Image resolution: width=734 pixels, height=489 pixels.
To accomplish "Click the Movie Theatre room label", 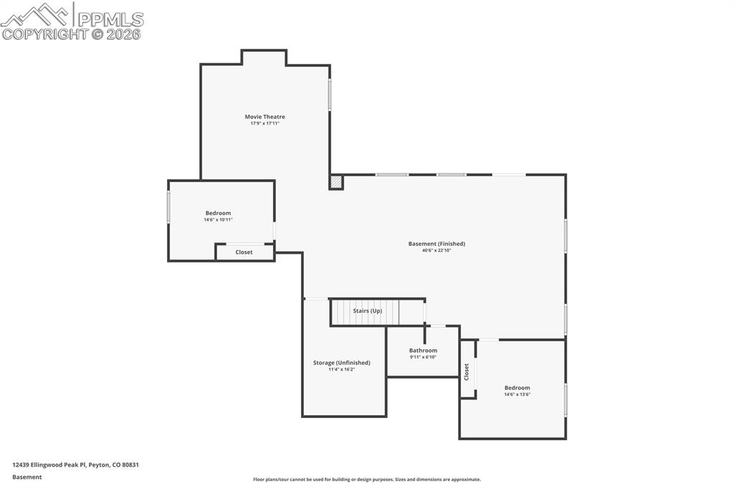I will pyautogui.click(x=264, y=117).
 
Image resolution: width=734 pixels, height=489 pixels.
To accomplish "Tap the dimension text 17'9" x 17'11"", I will pyautogui.click(x=264, y=124).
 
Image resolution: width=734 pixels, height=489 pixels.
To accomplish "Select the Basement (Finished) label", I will pyautogui.click(x=437, y=244).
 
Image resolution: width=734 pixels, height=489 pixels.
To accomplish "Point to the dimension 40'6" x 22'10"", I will pyautogui.click(x=437, y=251).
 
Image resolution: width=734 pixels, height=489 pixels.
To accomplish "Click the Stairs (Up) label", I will pyautogui.click(x=367, y=311).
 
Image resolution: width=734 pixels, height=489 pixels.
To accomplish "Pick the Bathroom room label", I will pyautogui.click(x=423, y=351).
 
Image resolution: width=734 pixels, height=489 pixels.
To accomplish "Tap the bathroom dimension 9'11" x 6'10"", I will pyautogui.click(x=423, y=357).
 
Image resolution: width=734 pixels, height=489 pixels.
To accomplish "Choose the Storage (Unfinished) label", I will pyautogui.click(x=342, y=363).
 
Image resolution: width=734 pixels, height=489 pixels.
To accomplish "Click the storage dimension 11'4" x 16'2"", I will pyautogui.click(x=342, y=369).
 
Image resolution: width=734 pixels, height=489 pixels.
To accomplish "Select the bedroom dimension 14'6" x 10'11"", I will pyautogui.click(x=218, y=220).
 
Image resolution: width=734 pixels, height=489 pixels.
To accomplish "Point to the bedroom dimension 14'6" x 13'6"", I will pyautogui.click(x=517, y=394).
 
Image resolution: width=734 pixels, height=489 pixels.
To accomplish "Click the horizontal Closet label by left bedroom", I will pyautogui.click(x=244, y=252).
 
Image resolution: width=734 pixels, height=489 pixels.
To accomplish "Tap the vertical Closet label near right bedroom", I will pyautogui.click(x=467, y=371).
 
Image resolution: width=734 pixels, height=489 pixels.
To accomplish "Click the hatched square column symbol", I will pyautogui.click(x=335, y=183).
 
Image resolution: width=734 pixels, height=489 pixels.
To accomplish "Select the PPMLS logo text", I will pyautogui.click(x=109, y=19).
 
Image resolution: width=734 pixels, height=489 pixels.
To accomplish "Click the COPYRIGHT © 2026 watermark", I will pyautogui.click(x=72, y=34).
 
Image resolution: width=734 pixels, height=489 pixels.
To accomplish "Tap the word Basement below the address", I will pyautogui.click(x=27, y=477).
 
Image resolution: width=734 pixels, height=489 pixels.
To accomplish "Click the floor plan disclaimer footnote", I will pyautogui.click(x=366, y=480).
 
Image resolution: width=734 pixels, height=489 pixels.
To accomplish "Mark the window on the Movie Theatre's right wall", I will pyautogui.click(x=330, y=94).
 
